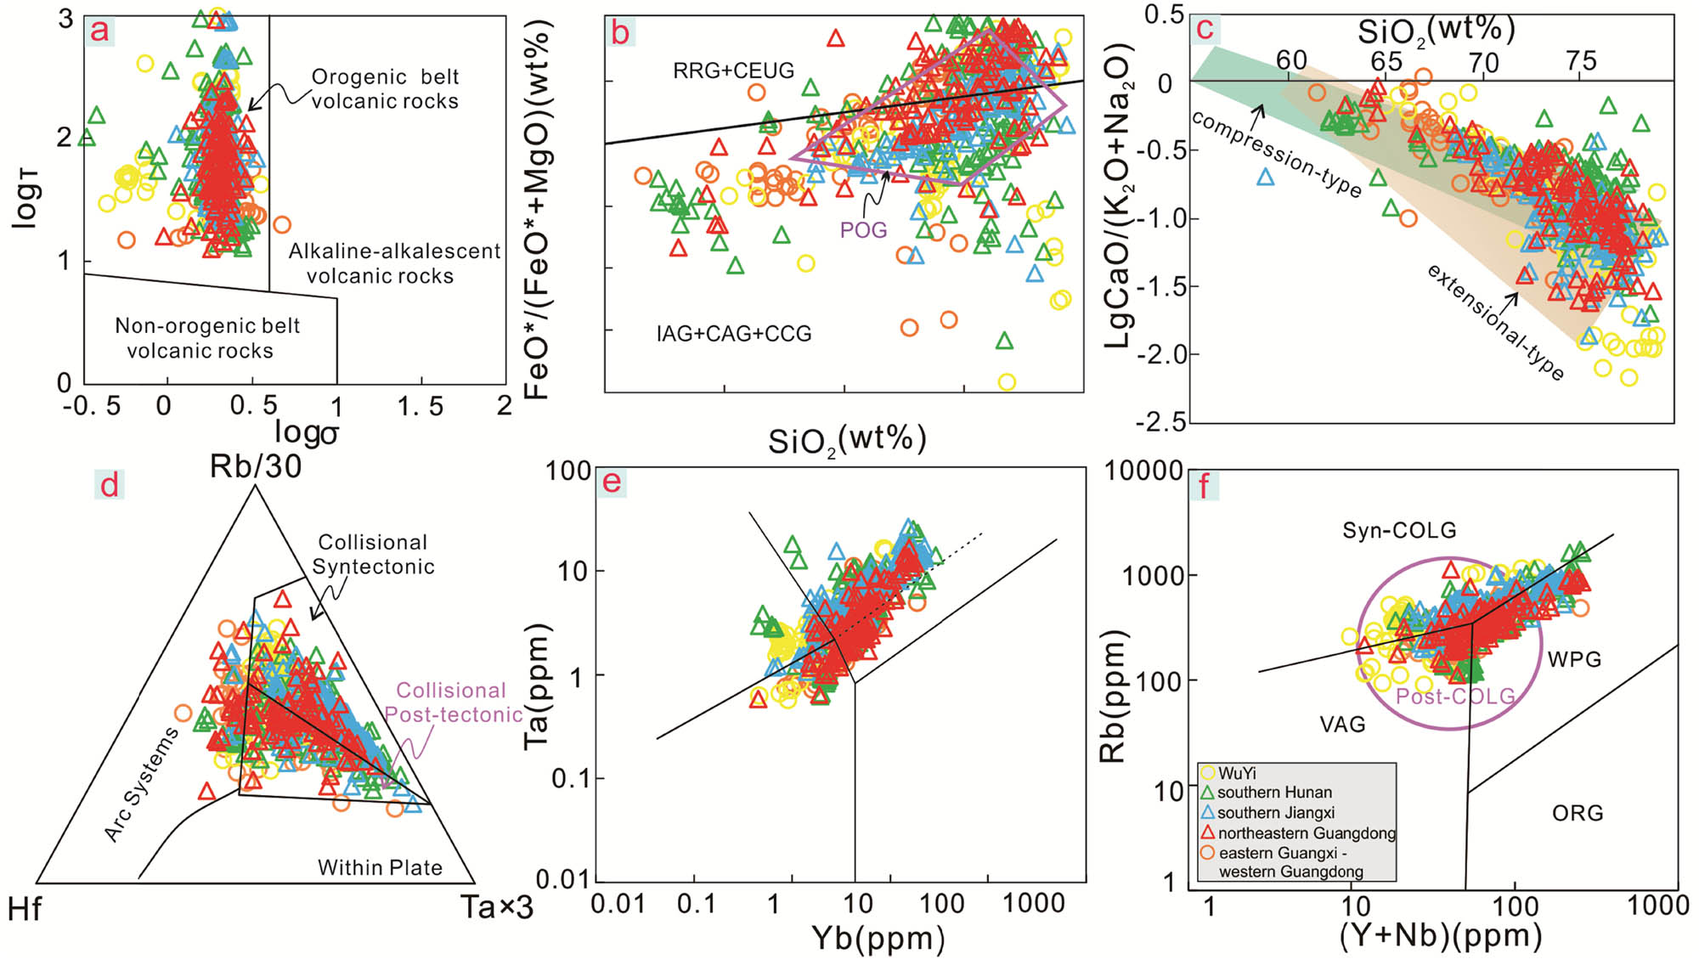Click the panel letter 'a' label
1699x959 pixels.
100,31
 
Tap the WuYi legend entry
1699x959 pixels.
1237,773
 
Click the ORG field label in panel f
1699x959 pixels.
1578,814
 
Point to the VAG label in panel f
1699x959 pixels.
1342,725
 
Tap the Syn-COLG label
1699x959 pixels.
1399,531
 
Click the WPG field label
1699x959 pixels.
1574,659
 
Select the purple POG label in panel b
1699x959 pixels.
863,230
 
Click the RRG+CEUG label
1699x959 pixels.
733,71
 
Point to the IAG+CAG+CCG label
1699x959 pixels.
734,334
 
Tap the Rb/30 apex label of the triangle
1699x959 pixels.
256,466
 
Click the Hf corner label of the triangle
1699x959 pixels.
25,910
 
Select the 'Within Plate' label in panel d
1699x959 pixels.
380,867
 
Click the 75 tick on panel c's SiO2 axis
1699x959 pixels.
1581,60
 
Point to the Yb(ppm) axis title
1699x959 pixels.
878,938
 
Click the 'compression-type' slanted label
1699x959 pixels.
1276,154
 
